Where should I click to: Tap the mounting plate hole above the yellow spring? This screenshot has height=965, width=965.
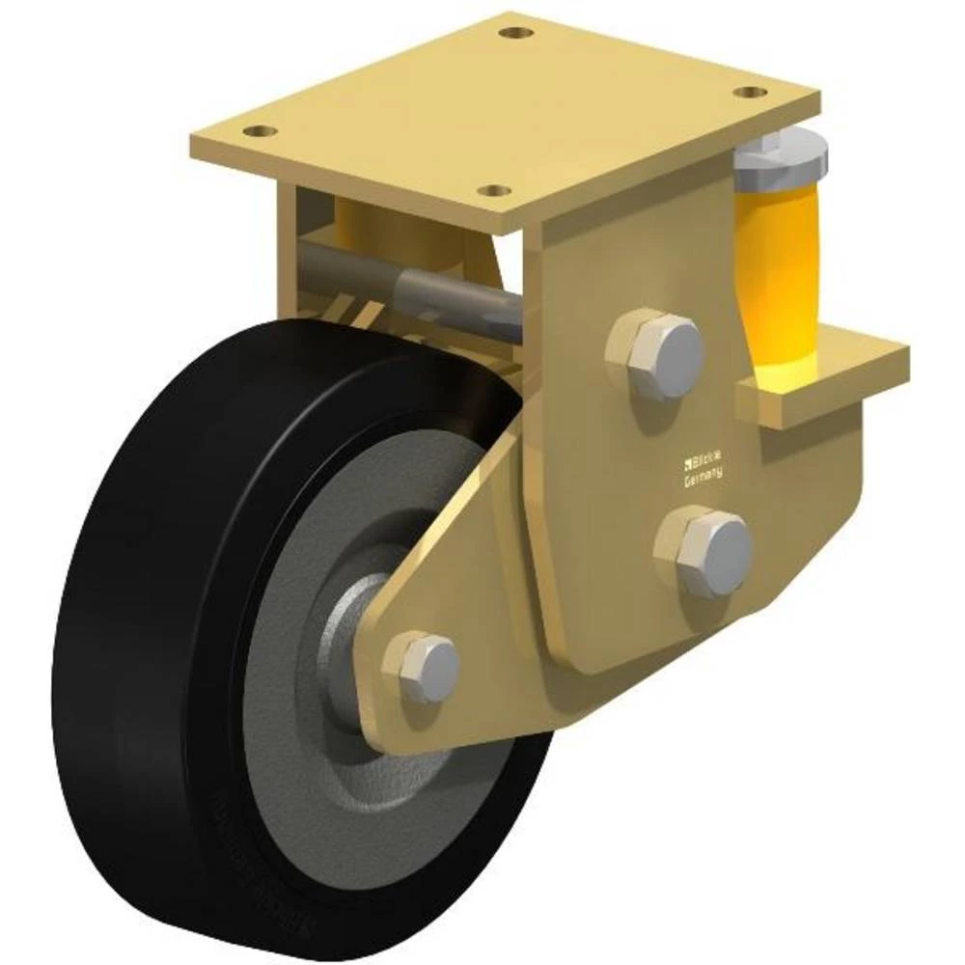[748, 93]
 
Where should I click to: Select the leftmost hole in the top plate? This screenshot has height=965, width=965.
[258, 130]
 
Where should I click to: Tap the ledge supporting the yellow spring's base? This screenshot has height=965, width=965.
[820, 376]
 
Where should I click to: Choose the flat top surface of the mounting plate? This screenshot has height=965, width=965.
[502, 106]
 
